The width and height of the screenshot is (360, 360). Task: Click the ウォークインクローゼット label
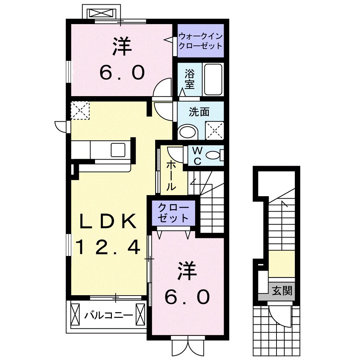[x=201, y=41]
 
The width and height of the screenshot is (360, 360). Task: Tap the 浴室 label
[x=190, y=80]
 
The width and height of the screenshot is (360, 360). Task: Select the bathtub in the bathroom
[x=213, y=80]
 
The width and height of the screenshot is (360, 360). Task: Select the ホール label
[x=171, y=175]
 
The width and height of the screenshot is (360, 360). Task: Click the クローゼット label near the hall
[x=174, y=213]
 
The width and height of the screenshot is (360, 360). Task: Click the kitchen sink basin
[x=118, y=149]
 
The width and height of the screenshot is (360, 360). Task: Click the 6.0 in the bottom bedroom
[x=187, y=297]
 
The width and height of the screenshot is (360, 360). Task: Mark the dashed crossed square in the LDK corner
[x=80, y=110]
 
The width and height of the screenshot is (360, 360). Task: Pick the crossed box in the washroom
[x=215, y=130]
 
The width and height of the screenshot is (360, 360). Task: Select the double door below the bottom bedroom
[x=185, y=346]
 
